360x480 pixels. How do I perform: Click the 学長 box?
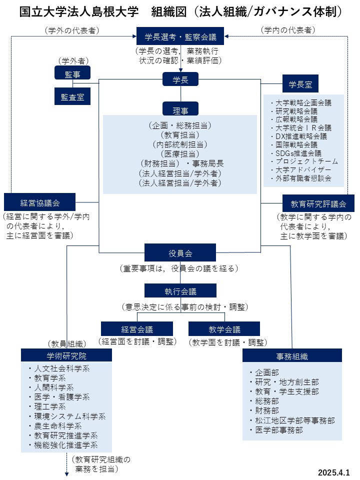tap(180, 79)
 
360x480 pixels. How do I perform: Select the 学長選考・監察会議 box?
tap(180, 36)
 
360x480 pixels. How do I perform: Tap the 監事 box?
tap(72, 73)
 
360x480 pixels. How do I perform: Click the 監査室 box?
tap(72, 96)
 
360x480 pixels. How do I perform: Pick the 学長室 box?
tap(300, 83)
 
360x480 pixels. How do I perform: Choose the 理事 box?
tap(180, 108)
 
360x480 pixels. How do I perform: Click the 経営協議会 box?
tap(40, 202)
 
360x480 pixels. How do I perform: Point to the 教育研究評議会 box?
tap(318, 203)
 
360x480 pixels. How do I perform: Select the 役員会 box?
tap(180, 252)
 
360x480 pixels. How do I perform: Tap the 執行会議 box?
tap(180, 290)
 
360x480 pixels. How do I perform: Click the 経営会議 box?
tap(137, 329)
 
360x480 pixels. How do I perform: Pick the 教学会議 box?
tap(224, 329)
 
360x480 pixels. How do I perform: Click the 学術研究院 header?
tap(66, 355)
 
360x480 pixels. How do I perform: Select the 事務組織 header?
tap(292, 355)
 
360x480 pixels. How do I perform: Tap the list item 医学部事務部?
tap(276, 430)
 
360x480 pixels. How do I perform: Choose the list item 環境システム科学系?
tap(67, 416)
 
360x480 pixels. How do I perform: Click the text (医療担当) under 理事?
tap(180, 153)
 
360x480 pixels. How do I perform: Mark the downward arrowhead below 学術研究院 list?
tap(66, 474)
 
